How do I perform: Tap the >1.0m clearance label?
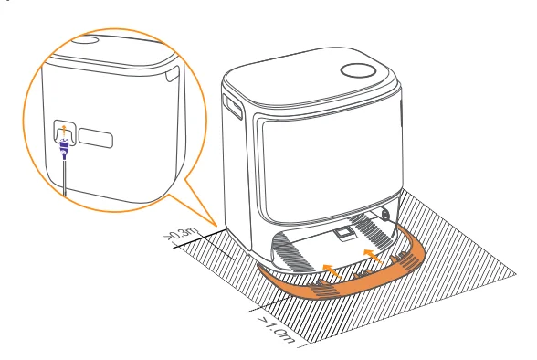click(274, 330)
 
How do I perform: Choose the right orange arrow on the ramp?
click(370, 253)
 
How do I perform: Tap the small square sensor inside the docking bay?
click(344, 234)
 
